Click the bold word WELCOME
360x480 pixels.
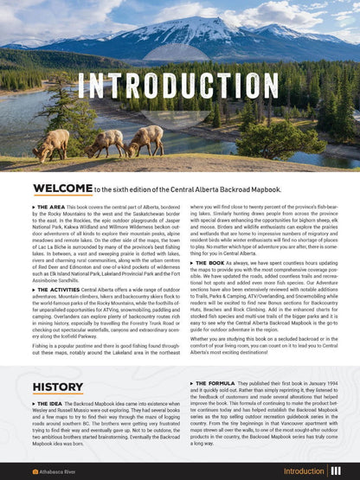[x=62, y=187]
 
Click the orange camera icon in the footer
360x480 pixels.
[x=35, y=472]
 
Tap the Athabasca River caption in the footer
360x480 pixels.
[x=61, y=472]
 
